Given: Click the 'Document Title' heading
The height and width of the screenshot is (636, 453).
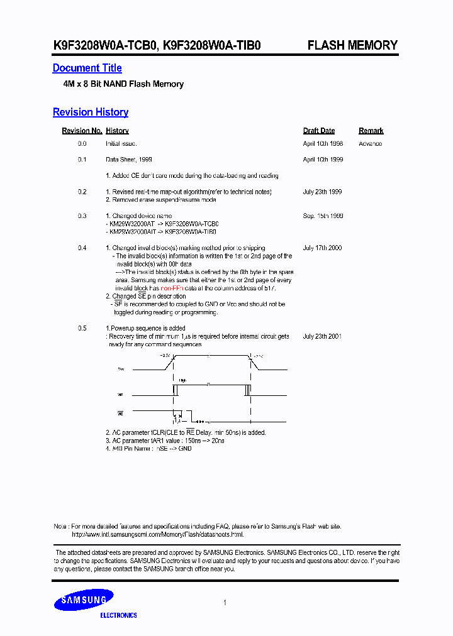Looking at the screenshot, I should (x=87, y=68).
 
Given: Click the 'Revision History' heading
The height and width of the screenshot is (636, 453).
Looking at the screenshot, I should (x=91, y=112).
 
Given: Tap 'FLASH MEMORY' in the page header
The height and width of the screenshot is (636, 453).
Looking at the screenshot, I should (x=352, y=45).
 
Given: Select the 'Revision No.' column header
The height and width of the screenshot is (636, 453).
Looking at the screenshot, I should (x=82, y=131).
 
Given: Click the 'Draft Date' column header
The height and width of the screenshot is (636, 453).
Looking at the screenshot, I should (x=318, y=131).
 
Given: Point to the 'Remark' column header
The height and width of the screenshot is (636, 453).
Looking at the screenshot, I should (x=371, y=131).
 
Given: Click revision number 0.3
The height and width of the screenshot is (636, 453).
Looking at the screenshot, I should (x=82, y=216).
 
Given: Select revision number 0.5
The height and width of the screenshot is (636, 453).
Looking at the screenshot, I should (x=82, y=329).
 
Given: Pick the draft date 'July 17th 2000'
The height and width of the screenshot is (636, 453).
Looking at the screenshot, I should (x=322, y=248).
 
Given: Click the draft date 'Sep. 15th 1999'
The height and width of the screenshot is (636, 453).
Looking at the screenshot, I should (x=323, y=216).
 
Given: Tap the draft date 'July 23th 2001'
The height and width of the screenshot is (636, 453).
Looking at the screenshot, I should (x=322, y=336).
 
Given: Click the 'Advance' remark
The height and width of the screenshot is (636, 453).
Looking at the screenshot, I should (x=370, y=144).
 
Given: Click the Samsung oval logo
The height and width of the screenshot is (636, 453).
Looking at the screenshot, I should (x=84, y=600).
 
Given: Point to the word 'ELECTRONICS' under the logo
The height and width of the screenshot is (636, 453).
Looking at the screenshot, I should (x=118, y=615).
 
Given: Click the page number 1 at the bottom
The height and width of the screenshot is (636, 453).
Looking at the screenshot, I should (x=225, y=603).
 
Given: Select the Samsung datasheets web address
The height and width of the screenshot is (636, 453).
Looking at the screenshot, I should (x=157, y=534).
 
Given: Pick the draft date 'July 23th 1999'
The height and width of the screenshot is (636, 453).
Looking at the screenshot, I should (x=322, y=192).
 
